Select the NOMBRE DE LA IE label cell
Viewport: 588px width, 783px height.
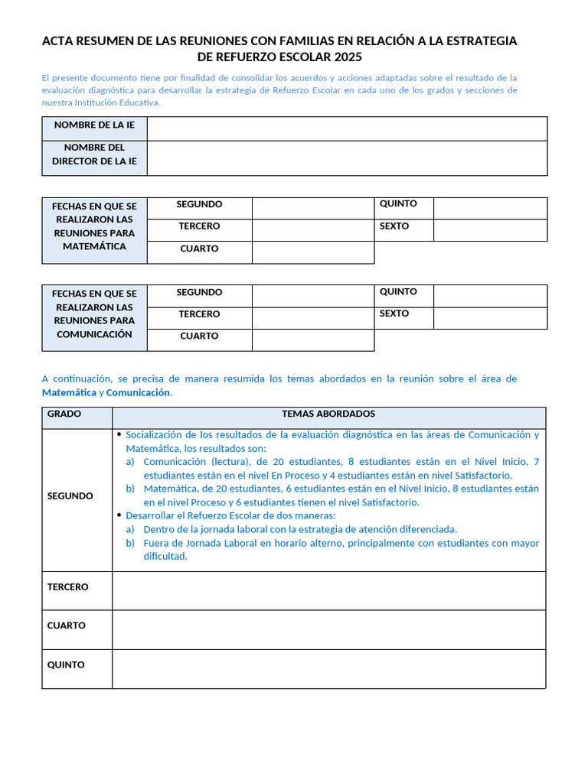[x=94, y=125]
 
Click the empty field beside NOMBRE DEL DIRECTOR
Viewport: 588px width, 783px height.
[x=347, y=158]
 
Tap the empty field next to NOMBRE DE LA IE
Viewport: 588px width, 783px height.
[x=347, y=128]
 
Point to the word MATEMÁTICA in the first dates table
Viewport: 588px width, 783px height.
[x=94, y=247]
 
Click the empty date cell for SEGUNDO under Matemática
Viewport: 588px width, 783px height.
[x=313, y=208]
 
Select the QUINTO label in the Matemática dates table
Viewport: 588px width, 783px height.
[x=398, y=204]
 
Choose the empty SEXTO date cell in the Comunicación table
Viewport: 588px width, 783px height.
[x=490, y=318]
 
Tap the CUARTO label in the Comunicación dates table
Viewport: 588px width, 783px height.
[x=199, y=336]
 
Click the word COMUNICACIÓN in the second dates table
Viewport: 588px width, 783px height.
[x=94, y=334]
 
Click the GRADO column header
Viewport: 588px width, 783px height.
[x=64, y=414]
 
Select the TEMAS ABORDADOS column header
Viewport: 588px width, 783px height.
[x=328, y=414]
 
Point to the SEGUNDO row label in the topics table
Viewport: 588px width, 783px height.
[x=70, y=496]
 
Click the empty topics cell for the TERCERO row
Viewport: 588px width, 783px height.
[x=328, y=590]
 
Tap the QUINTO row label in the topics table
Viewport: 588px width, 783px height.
[x=66, y=665]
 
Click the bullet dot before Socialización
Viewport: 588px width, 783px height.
[x=119, y=434]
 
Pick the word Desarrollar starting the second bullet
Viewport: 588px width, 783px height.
[x=152, y=515]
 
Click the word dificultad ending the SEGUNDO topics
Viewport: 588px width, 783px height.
[x=165, y=557]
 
